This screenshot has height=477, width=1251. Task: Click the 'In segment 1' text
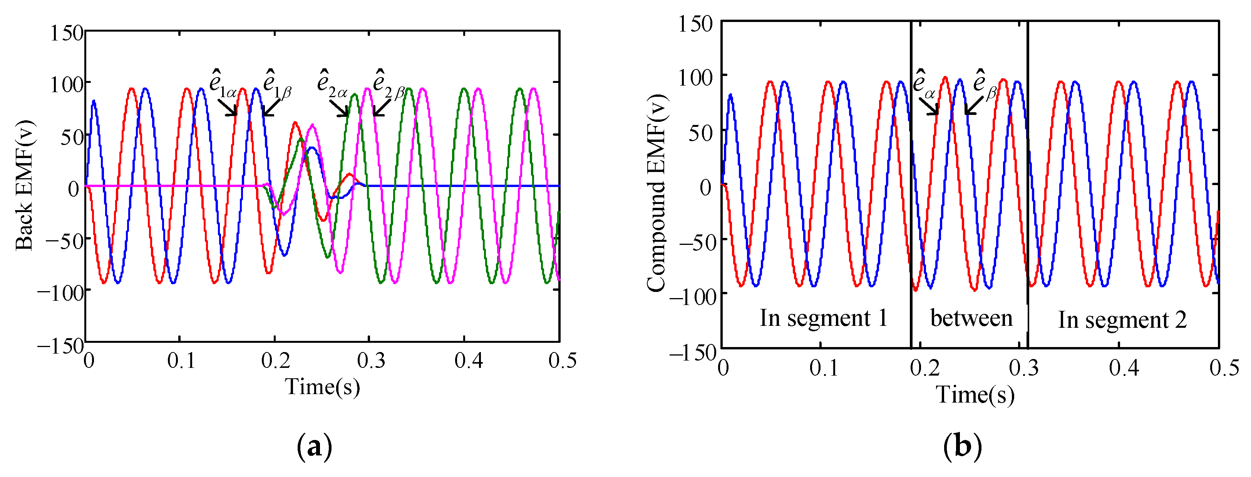point(824,319)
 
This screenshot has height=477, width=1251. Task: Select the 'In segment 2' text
point(1122,320)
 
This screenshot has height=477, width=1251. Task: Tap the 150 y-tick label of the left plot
point(67,33)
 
